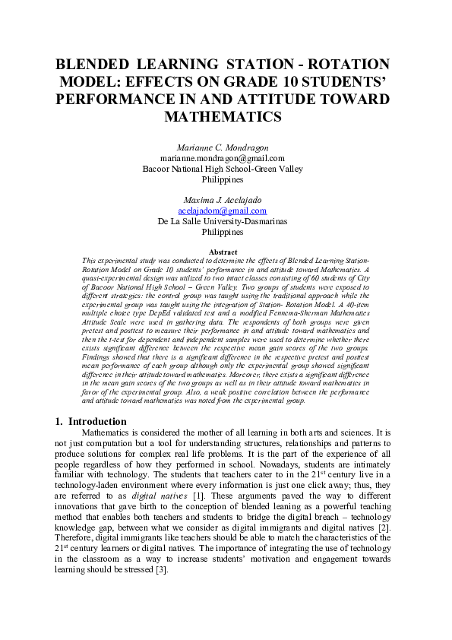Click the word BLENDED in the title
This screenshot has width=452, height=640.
(x=94, y=65)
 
